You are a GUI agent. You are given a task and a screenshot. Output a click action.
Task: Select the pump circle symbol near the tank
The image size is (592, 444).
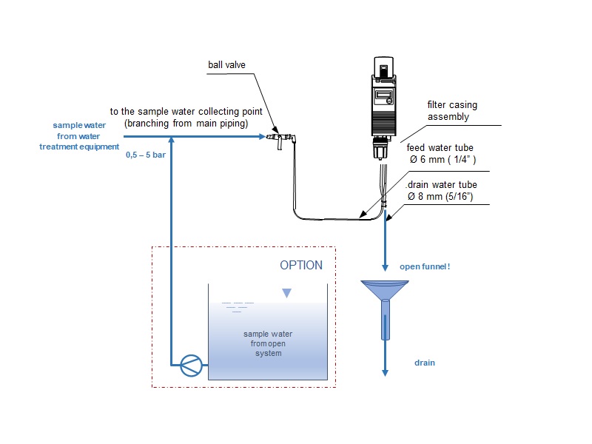(x=190, y=363)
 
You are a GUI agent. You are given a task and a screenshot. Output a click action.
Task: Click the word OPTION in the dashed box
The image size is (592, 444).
(x=301, y=265)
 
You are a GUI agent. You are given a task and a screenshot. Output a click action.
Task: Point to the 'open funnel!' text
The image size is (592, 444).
(x=425, y=266)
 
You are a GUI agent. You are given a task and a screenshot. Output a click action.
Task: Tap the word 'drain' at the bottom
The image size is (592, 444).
(x=424, y=363)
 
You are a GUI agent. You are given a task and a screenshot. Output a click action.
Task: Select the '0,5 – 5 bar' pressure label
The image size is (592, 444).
(x=144, y=156)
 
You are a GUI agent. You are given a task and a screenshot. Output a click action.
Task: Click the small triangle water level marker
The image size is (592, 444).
(x=286, y=294)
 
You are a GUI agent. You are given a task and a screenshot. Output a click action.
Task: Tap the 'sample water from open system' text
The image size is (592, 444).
(x=267, y=343)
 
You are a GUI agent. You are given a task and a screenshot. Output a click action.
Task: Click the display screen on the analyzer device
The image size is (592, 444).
(x=383, y=96)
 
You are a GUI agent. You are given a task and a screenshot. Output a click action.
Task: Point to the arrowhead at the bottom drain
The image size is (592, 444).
(x=385, y=371)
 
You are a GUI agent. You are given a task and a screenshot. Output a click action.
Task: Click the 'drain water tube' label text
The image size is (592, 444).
(x=443, y=184)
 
